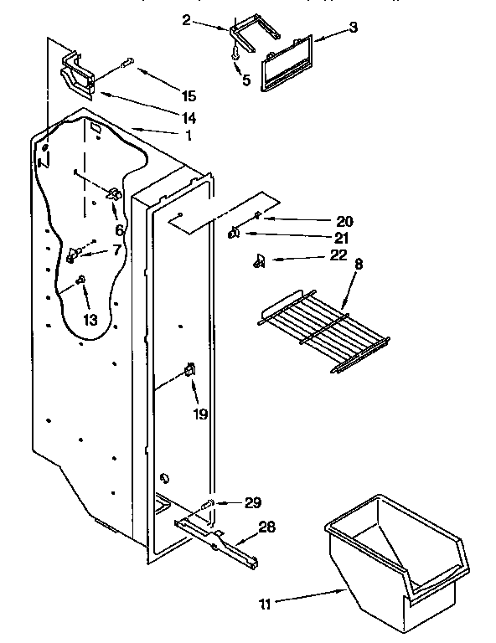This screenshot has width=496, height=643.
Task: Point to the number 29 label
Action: (x=251, y=503)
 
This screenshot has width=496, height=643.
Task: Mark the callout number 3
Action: (x=354, y=28)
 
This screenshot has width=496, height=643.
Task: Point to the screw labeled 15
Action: (x=128, y=61)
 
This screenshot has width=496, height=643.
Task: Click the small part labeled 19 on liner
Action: (x=189, y=368)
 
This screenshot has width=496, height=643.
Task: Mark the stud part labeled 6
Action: (x=113, y=194)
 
